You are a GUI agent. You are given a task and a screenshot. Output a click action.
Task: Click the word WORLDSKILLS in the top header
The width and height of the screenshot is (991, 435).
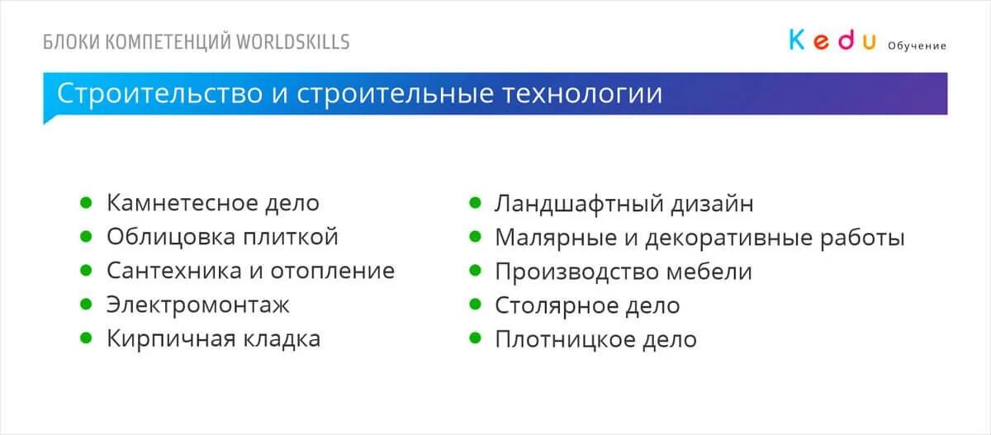pos(293,42)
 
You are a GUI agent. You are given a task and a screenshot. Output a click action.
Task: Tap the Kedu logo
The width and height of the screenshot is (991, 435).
pos(832,40)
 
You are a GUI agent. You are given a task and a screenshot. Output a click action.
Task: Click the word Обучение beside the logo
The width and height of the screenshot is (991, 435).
pos(917,46)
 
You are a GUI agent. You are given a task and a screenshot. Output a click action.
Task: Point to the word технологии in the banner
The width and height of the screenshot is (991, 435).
pos(582,93)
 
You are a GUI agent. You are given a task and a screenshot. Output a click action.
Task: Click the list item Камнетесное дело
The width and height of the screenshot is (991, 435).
pos(212,203)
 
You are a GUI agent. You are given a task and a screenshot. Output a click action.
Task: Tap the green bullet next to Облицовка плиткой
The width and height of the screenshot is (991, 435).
pos(86,237)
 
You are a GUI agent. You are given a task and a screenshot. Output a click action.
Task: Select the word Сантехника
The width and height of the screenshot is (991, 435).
pos(174,271)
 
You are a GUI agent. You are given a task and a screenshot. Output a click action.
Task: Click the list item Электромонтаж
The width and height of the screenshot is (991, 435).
pos(198,305)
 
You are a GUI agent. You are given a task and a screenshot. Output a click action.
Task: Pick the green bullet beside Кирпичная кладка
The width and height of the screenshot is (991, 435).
pos(86,338)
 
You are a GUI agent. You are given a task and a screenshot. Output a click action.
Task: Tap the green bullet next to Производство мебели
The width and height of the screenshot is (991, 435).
pos(475,271)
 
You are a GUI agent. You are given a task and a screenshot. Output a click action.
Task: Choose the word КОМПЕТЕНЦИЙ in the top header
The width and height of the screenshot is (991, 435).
pos(169,42)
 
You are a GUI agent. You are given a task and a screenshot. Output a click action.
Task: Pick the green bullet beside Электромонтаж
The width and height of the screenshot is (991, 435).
pos(86,305)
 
